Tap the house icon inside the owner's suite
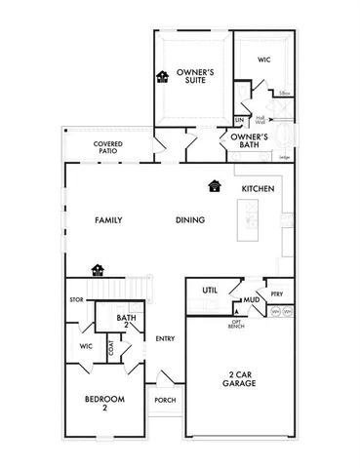click(162, 76)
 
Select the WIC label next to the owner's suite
click(263, 60)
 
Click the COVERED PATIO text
click(107, 148)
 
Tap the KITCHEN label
click(258, 188)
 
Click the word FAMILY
click(108, 220)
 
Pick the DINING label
click(189, 220)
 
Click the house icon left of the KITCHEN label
click(214, 185)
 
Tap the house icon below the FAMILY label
click(97, 269)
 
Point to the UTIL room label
click(209, 291)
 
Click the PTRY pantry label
click(276, 292)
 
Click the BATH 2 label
click(125, 321)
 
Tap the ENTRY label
click(164, 338)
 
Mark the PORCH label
click(164, 400)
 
